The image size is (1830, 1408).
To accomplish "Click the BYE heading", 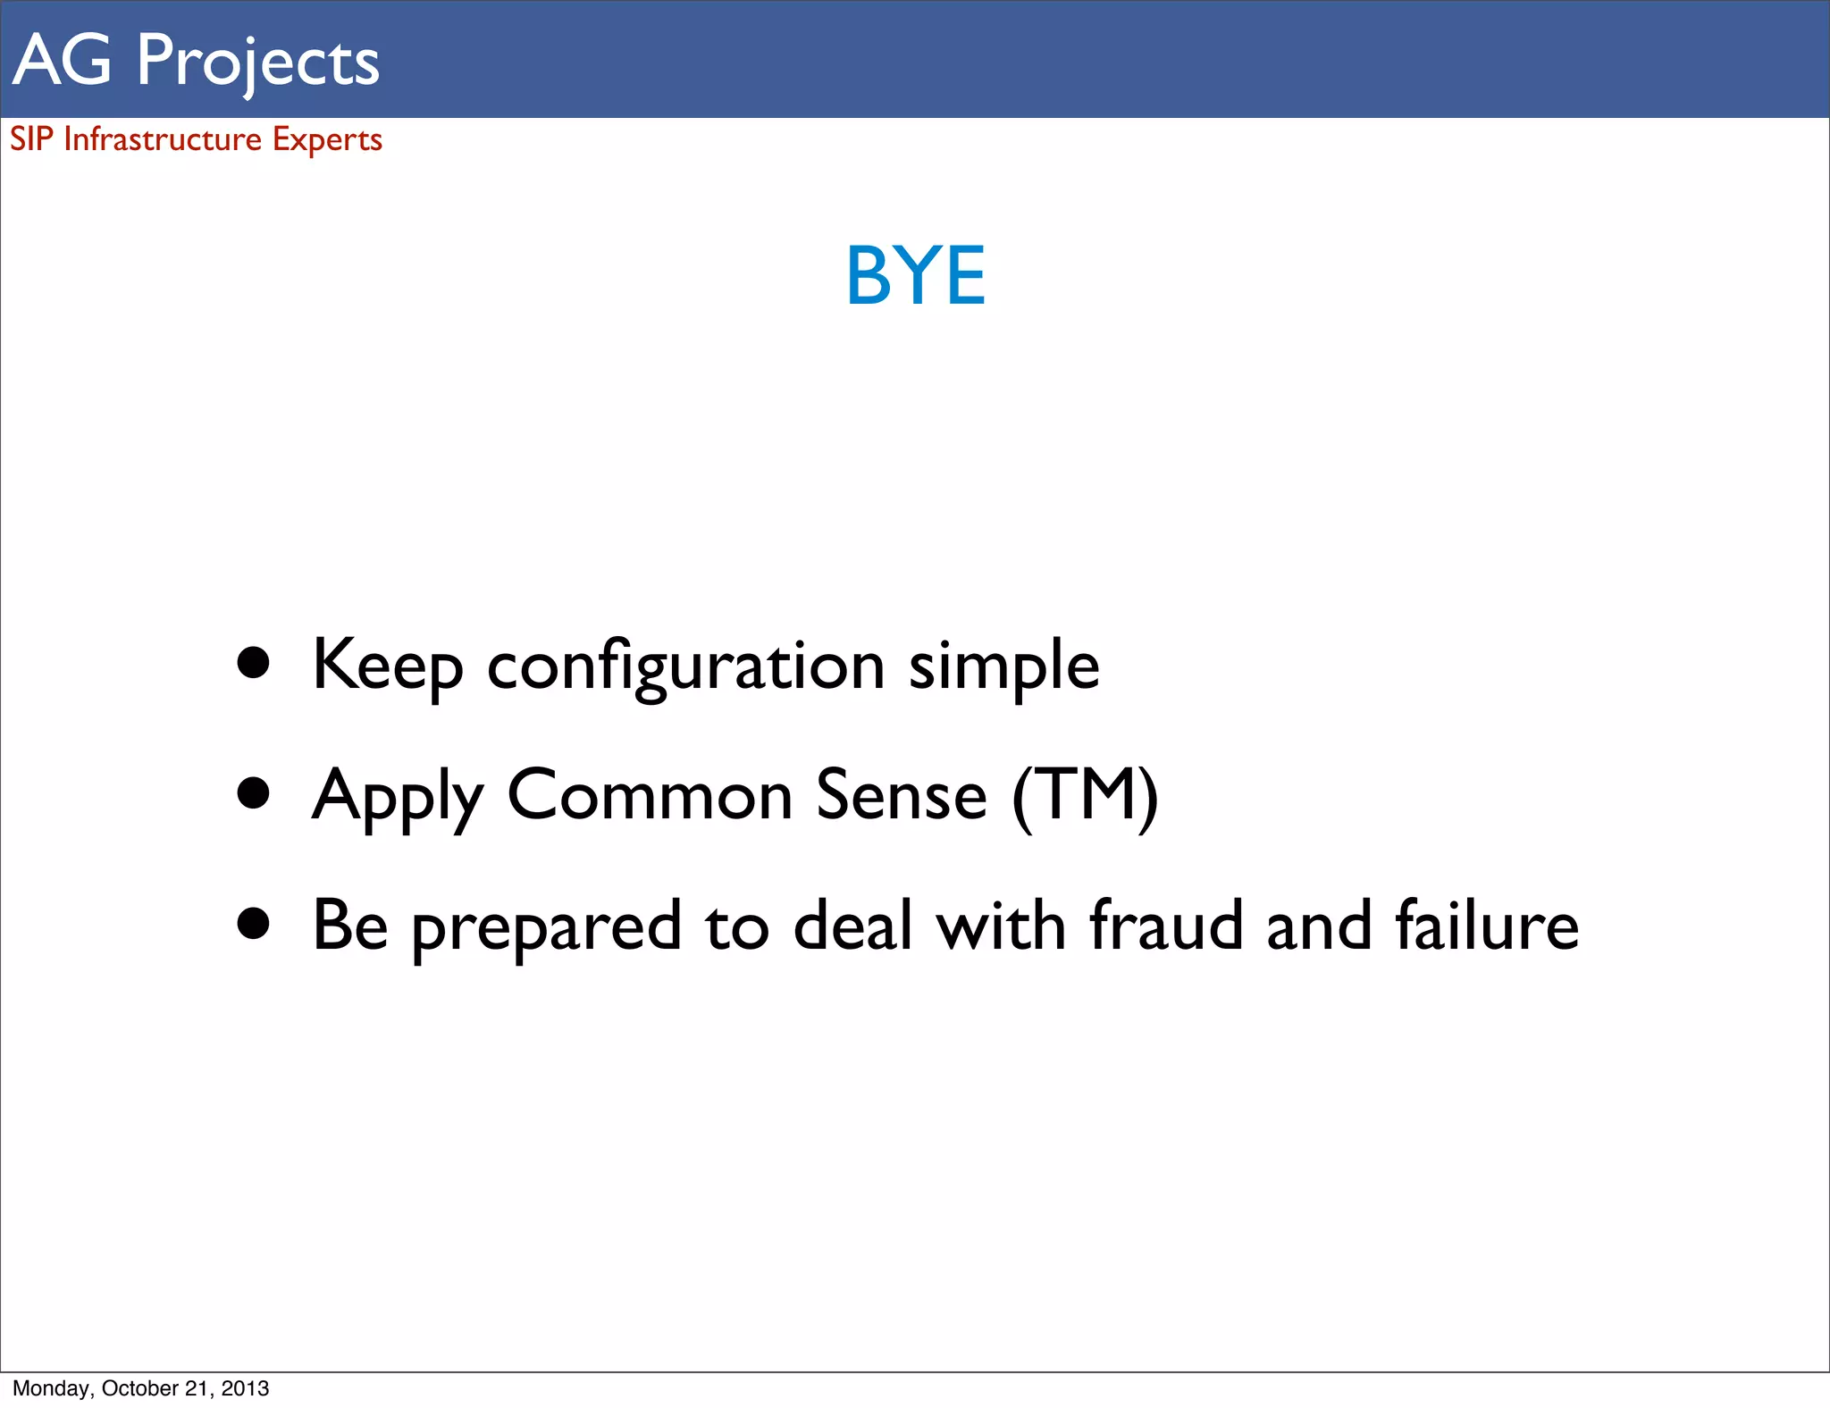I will pyautogui.click(x=915, y=276).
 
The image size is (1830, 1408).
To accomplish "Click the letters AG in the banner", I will pyautogui.click(x=62, y=60).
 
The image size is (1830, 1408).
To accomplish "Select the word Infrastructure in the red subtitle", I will pyautogui.click(x=163, y=139).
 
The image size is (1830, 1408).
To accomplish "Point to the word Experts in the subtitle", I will pyautogui.click(x=327, y=140).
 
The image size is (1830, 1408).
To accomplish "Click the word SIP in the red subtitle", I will pyautogui.click(x=31, y=139).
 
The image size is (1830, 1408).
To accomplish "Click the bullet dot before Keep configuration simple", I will pyautogui.click(x=254, y=663).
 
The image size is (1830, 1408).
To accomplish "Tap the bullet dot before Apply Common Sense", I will pyautogui.click(x=254, y=793).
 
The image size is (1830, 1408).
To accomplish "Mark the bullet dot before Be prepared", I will pyautogui.click(x=254, y=925).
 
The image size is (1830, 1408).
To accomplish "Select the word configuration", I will pyautogui.click(x=685, y=666).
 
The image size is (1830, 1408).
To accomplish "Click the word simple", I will pyautogui.click(x=1003, y=666).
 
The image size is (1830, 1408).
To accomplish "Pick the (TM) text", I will pyautogui.click(x=1085, y=794).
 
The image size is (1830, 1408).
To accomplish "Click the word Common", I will pyautogui.click(x=650, y=794).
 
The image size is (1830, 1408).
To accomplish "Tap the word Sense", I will pyautogui.click(x=901, y=794).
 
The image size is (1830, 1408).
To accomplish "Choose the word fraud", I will pyautogui.click(x=1166, y=925).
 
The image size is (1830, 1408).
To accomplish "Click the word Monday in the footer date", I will pyautogui.click(x=51, y=1388).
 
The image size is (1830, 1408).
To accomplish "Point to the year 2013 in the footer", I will pyautogui.click(x=245, y=1388).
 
